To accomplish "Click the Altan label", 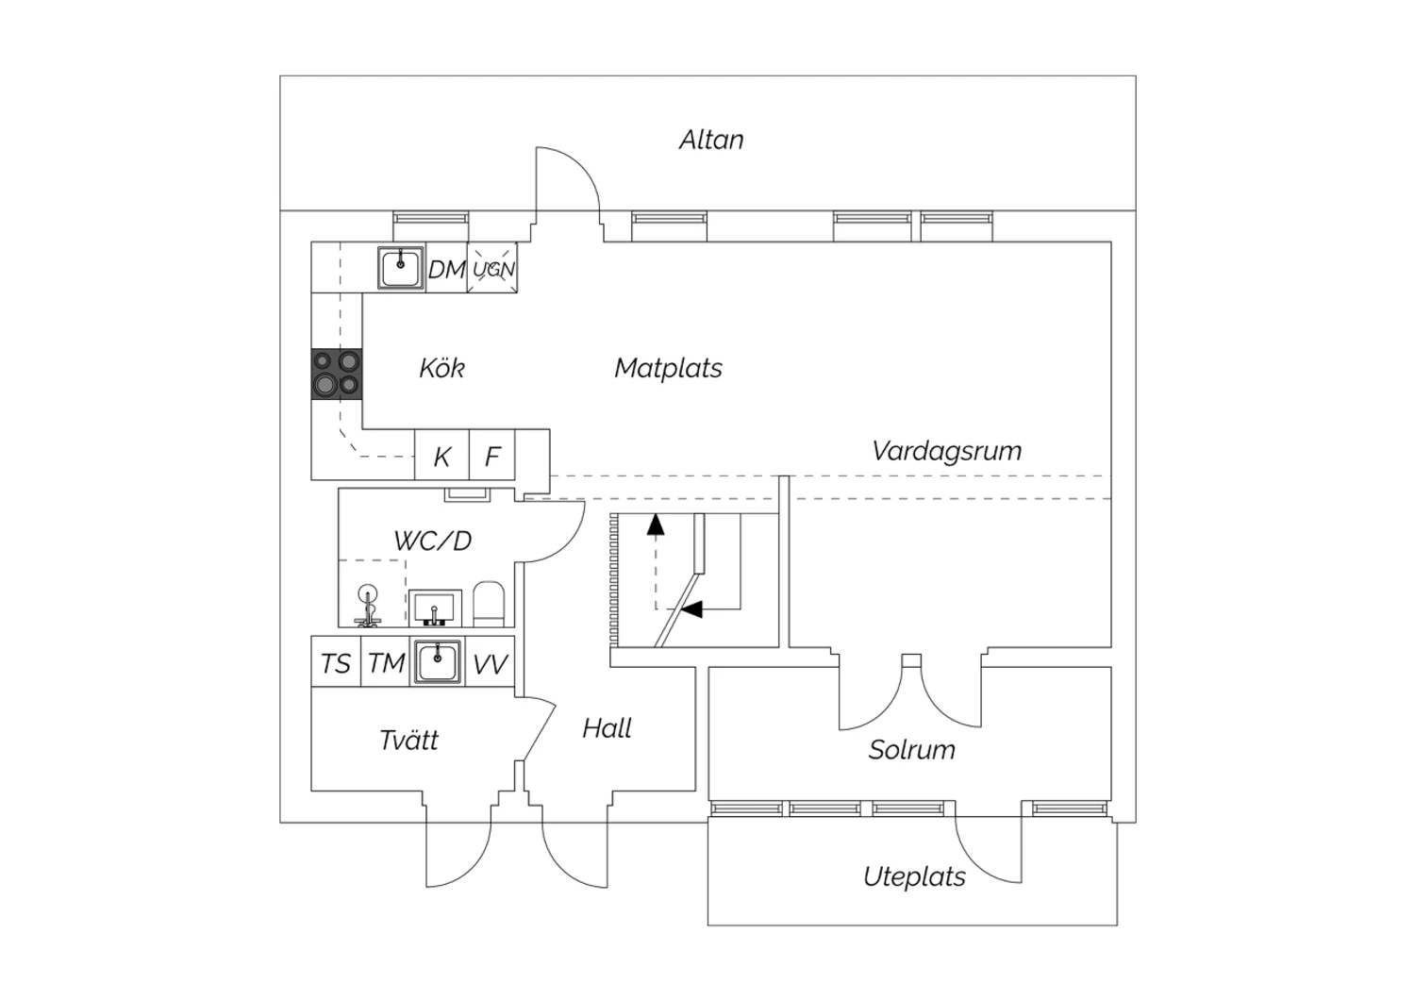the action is (711, 140).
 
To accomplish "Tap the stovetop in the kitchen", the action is (337, 374).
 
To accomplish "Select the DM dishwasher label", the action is (446, 270).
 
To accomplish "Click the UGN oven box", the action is (492, 268).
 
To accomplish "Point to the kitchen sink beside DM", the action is (401, 268).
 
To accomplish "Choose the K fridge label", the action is (441, 456).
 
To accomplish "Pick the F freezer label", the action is (492, 456).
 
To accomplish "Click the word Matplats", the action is (668, 368).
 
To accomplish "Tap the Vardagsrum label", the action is (947, 451).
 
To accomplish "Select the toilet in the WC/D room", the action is (489, 604).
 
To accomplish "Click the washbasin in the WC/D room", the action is (435, 608).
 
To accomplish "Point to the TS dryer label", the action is (336, 664).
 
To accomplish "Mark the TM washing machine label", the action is (386, 664).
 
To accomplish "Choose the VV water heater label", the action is (491, 664).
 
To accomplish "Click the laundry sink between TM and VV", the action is (437, 662).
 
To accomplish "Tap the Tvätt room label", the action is (408, 740).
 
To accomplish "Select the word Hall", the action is (608, 728).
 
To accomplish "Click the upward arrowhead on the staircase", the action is (656, 525).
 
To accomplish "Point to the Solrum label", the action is (911, 750).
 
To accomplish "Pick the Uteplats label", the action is (914, 876).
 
